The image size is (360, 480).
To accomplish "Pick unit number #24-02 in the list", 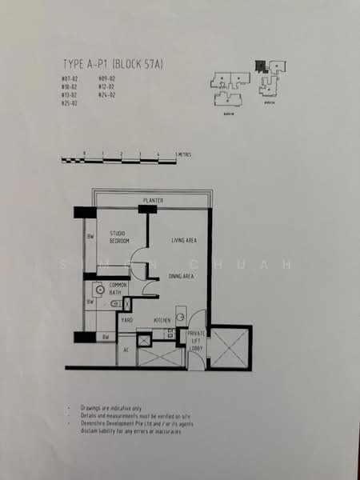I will point(107,95).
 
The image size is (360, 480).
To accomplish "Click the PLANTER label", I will point(153,199).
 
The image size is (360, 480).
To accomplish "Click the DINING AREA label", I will point(182,276).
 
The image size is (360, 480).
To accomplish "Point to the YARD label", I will point(126,319).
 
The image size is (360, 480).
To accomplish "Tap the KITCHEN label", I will point(162,319).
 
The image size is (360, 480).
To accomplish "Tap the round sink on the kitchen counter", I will point(180,318).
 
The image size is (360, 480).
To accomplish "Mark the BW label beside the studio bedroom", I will point(90,236).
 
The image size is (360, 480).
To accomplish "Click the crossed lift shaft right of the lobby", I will point(229,346).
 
